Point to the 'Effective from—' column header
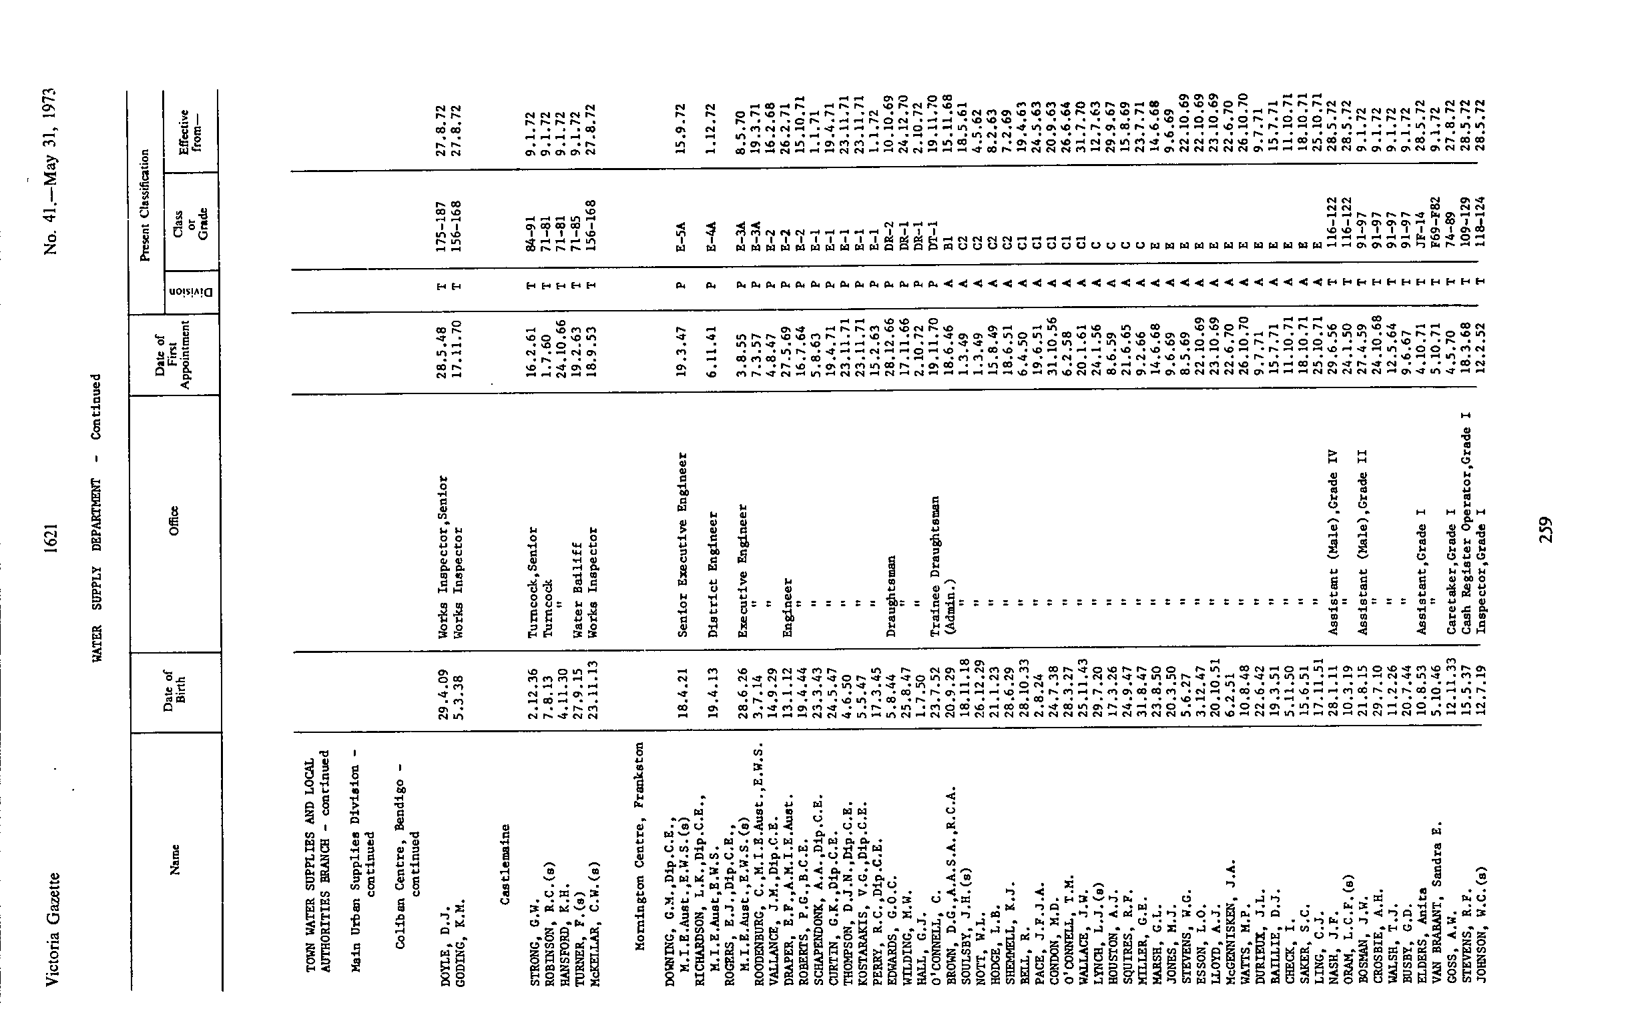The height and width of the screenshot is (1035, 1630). tap(191, 129)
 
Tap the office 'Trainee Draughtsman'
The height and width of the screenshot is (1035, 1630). tap(934, 566)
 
